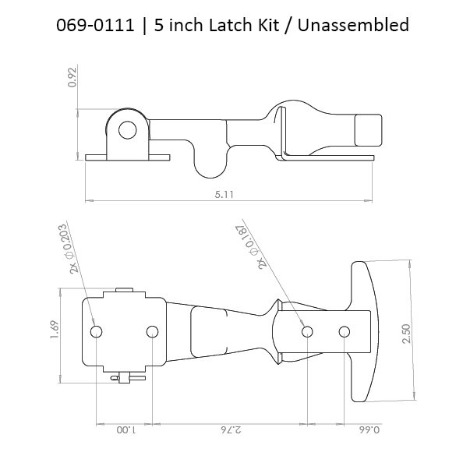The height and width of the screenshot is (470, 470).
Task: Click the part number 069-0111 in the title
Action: [x=95, y=25]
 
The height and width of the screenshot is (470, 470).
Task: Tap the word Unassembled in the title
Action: [x=353, y=25]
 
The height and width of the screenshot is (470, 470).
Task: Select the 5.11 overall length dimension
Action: [x=224, y=195]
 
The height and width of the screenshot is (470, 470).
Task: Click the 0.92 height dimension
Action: [x=72, y=77]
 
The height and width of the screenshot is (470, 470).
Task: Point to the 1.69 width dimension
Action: [x=55, y=330]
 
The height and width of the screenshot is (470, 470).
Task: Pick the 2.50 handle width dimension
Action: [x=407, y=334]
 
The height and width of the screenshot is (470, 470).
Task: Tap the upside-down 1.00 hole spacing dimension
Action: [x=126, y=430]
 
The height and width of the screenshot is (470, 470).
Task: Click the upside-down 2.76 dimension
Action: [x=231, y=430]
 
